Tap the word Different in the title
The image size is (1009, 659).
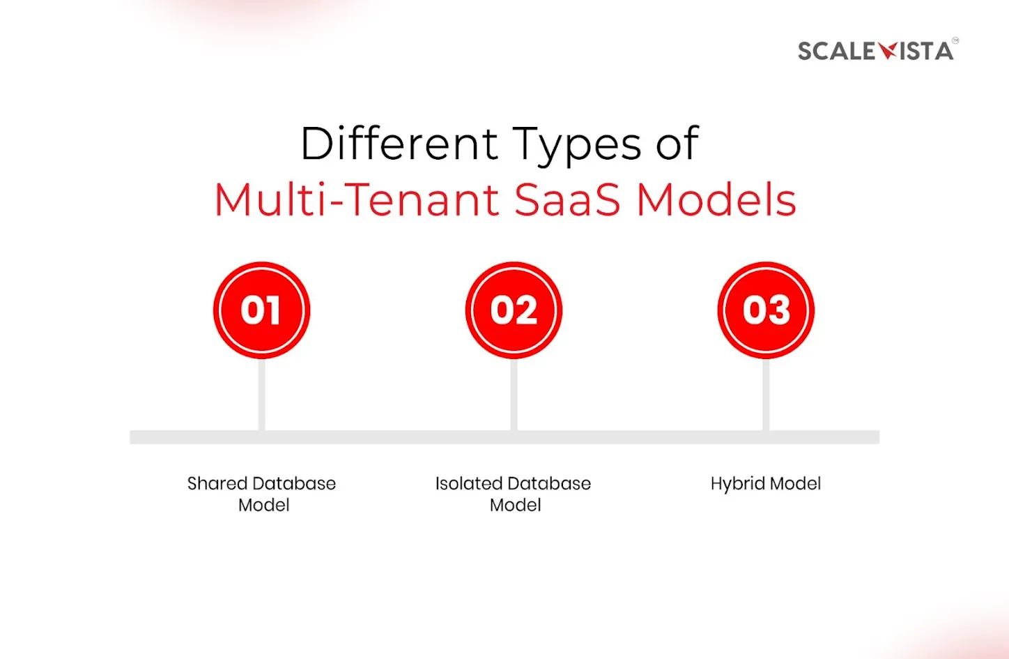(399, 144)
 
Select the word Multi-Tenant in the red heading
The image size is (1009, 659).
(357, 199)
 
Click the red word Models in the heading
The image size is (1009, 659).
(716, 199)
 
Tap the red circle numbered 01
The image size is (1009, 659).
(262, 310)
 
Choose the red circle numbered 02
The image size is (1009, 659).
(514, 310)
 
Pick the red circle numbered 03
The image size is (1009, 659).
(766, 310)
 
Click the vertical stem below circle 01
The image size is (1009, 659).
(262, 395)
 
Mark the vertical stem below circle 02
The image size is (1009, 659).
(514, 395)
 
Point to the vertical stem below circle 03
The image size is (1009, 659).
(766, 395)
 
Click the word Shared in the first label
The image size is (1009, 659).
(210, 483)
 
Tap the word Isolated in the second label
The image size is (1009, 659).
(459, 483)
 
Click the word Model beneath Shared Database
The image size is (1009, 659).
(263, 505)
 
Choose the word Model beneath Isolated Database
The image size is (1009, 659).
(516, 505)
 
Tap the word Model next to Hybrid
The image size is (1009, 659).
(796, 483)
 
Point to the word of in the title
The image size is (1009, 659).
(677, 144)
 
